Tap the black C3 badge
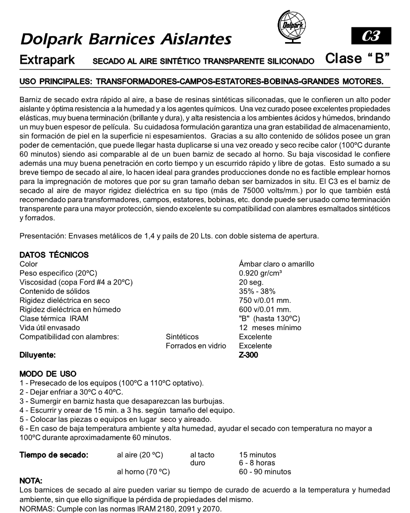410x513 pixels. coord(370,37)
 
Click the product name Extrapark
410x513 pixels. coord(47,60)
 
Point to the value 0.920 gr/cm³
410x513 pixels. coord(262,273)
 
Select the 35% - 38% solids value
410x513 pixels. coord(258,291)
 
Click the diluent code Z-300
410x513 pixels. coord(248,355)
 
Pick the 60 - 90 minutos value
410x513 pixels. coord(265,471)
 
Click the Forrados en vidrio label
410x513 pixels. coord(196,345)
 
